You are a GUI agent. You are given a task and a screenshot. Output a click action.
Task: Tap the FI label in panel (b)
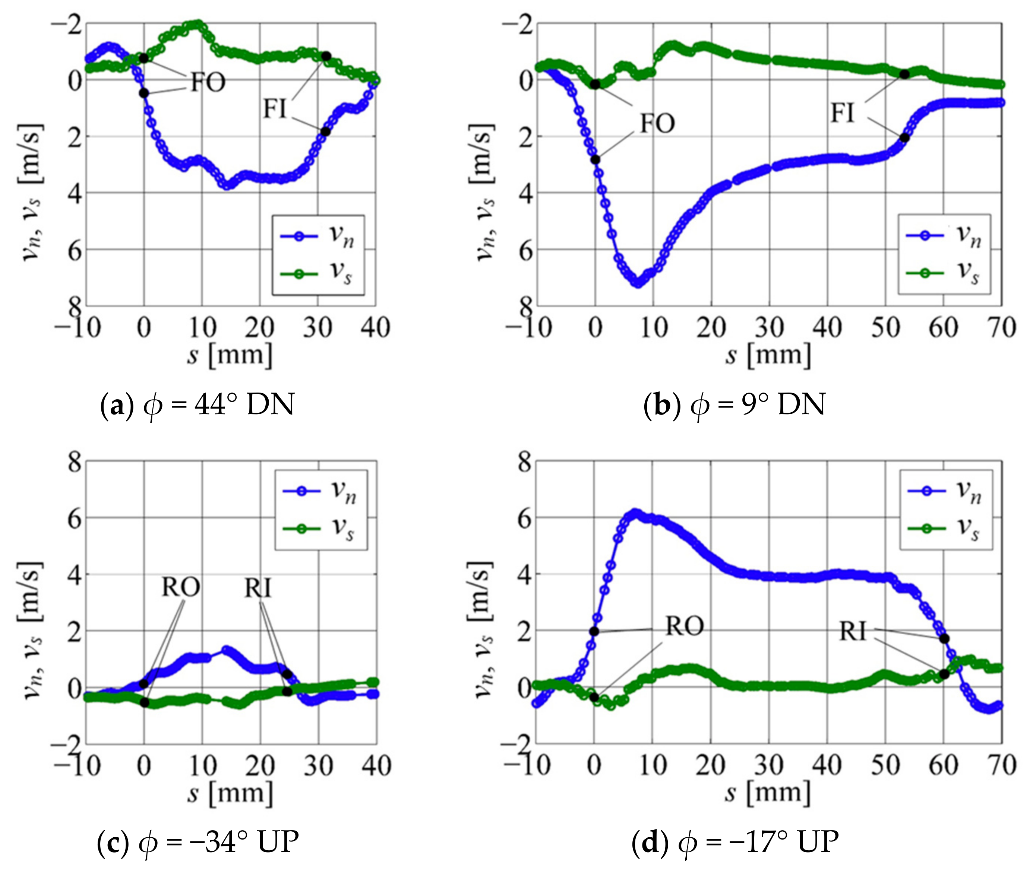[x=843, y=113]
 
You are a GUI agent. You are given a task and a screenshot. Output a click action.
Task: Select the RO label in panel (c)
[x=181, y=587]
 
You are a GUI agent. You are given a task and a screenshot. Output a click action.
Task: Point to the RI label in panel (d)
[x=853, y=632]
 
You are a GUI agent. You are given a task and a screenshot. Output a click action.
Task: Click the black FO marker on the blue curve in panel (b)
[x=595, y=159]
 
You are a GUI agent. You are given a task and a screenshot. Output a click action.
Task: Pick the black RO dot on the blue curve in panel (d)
[x=594, y=632]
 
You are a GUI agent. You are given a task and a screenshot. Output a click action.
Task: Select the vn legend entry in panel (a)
[x=318, y=237]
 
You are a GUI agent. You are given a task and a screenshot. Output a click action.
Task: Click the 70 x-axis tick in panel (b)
[x=1001, y=328]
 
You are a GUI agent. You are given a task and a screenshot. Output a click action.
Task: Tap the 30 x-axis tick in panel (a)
[x=318, y=328]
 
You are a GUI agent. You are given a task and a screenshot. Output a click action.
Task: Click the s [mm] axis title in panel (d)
[x=768, y=793]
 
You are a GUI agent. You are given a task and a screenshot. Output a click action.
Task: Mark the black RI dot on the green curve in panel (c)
[x=287, y=691]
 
